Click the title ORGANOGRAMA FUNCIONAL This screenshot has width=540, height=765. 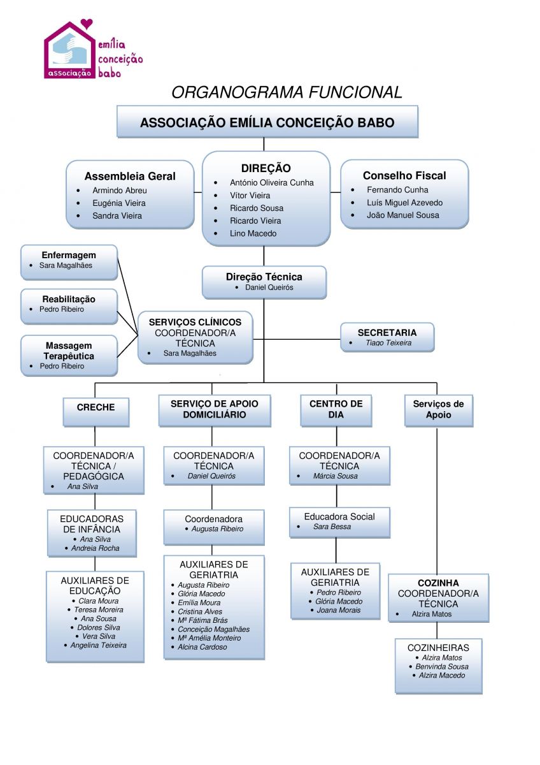pos(287,92)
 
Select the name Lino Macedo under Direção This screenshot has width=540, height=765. pos(253,233)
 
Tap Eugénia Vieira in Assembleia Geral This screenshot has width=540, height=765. pos(118,203)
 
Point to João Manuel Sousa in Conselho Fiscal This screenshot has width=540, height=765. pos(402,215)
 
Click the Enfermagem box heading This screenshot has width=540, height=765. pos(69,255)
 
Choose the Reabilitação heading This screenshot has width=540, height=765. pos(69,299)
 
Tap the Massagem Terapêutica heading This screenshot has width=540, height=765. pos(69,351)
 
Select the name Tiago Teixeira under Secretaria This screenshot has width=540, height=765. pos(388,343)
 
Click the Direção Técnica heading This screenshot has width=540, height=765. pos(264,277)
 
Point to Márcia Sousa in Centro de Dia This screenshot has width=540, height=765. pos(335,476)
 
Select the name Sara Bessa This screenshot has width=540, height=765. pos(332,527)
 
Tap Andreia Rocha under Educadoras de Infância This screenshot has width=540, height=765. pos(95,548)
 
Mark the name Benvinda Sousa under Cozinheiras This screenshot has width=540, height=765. pos(441,666)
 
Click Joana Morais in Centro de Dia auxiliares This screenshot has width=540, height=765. pos(338,610)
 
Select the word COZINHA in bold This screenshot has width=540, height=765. pos(438,583)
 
